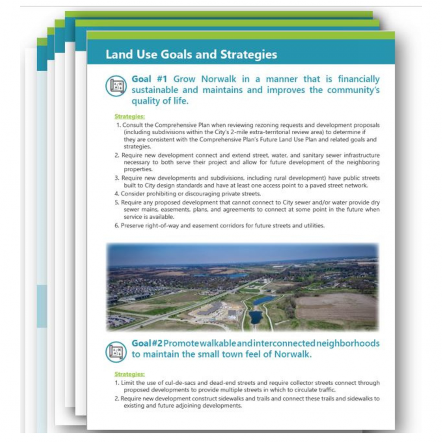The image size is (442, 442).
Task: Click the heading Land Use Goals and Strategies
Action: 191,55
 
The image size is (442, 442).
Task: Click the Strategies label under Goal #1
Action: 129,116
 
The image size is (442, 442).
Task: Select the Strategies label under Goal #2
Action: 129,374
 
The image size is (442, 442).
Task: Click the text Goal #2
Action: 147,344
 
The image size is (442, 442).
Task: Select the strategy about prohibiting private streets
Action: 190,193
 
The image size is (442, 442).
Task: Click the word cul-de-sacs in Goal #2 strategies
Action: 186,383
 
